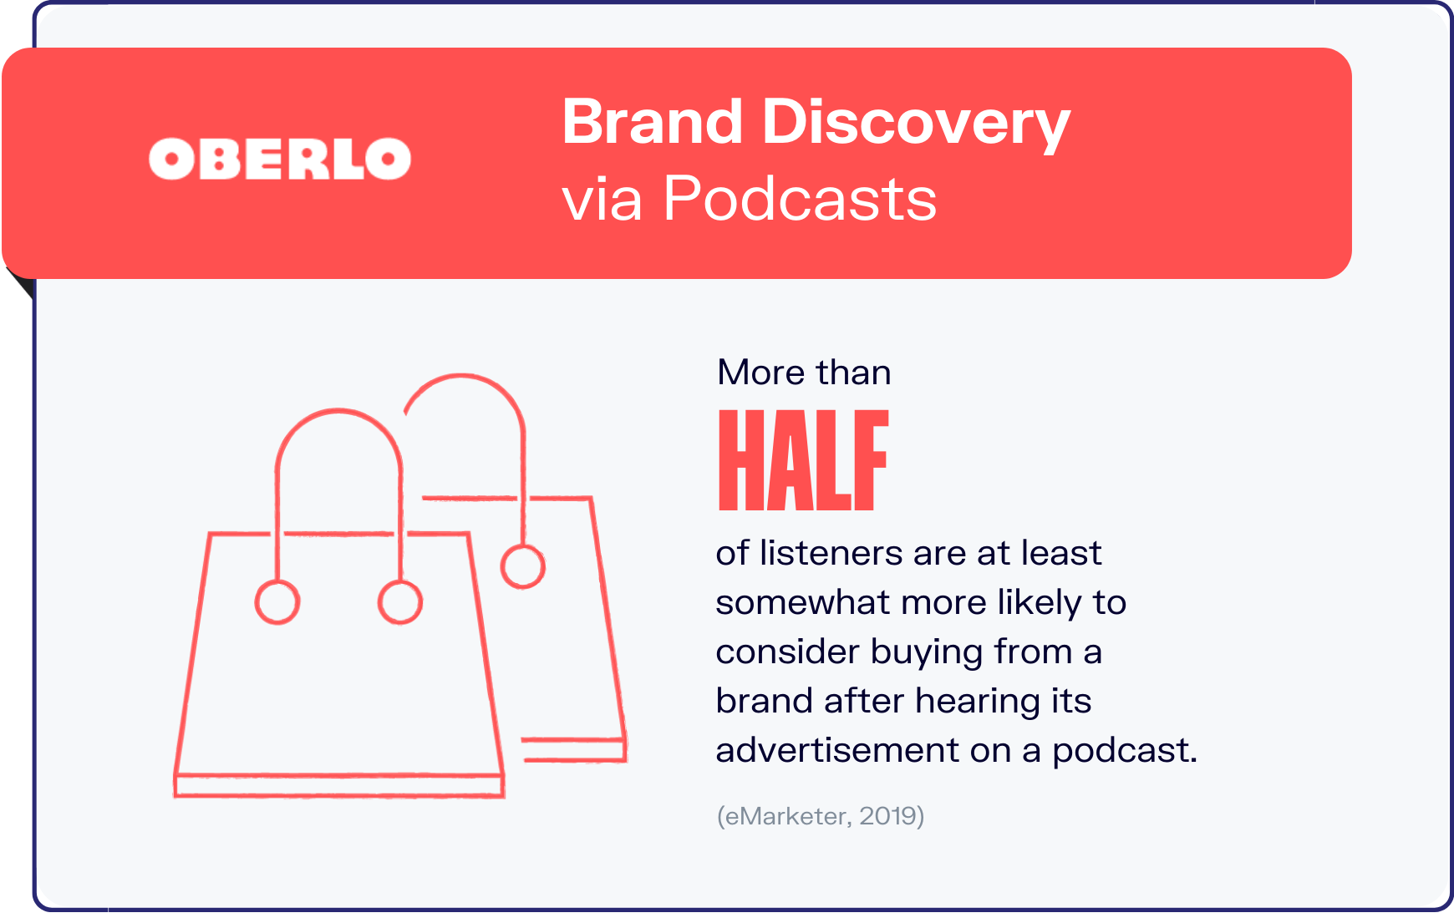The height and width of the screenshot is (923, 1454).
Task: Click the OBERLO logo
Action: pyautogui.click(x=280, y=159)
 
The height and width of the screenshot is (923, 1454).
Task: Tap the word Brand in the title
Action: pyautogui.click(x=653, y=122)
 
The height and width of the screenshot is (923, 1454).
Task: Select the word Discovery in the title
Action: pyautogui.click(x=916, y=124)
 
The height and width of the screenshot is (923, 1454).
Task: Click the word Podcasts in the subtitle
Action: pyautogui.click(x=800, y=199)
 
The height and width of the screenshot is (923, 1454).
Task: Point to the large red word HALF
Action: pyautogui.click(x=803, y=460)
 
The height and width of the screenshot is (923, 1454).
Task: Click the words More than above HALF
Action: pyautogui.click(x=804, y=373)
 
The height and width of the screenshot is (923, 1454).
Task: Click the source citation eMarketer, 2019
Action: pyautogui.click(x=821, y=815)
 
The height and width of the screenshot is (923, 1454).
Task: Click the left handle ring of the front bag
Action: pyautogui.click(x=277, y=602)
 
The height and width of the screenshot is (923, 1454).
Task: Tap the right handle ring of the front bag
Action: pyautogui.click(x=400, y=602)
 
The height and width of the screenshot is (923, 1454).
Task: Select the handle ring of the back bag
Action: pyautogui.click(x=523, y=566)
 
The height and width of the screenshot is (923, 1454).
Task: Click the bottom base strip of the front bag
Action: pyautogui.click(x=339, y=785)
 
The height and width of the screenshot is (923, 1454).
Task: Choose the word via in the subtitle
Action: pyautogui.click(x=602, y=201)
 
